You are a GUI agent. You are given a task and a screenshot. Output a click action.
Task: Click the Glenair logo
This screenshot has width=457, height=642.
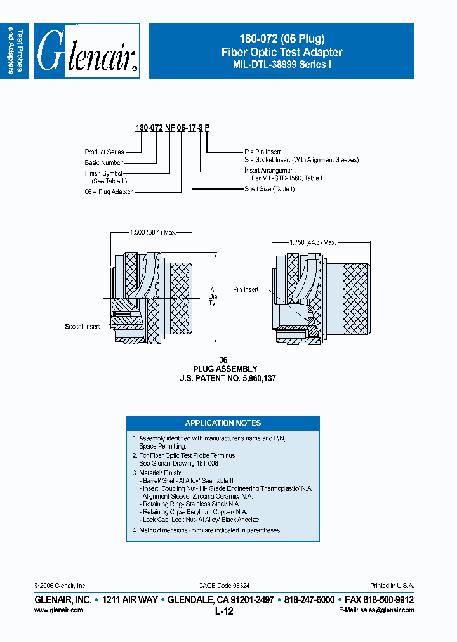click(x=87, y=51)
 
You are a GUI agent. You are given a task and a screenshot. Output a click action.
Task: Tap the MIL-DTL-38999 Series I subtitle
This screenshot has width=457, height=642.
click(x=281, y=64)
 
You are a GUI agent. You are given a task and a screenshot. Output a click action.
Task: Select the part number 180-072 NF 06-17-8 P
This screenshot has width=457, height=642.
click(x=172, y=128)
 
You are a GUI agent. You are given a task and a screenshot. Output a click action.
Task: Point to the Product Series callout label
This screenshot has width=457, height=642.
click(x=104, y=152)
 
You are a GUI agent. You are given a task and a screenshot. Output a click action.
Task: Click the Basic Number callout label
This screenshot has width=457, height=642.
click(x=104, y=162)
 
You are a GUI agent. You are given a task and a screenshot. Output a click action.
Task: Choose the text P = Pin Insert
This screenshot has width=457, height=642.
click(x=263, y=152)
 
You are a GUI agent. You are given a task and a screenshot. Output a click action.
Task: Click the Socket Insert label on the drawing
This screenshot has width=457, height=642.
click(x=83, y=327)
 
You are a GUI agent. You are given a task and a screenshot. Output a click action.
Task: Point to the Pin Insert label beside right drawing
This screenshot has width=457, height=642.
click(x=246, y=289)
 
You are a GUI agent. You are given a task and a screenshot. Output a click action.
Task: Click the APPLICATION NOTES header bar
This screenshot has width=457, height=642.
click(x=223, y=423)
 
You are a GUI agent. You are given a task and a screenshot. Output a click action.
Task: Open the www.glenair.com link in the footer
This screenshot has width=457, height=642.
click(x=58, y=610)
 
